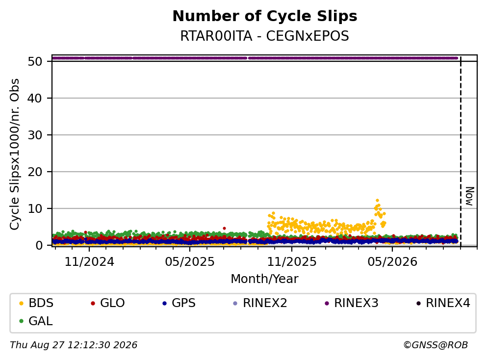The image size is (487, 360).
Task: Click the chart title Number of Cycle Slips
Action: [265, 16]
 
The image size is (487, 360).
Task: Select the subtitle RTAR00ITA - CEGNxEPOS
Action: [265, 36]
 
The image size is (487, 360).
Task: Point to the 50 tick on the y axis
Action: [35, 61]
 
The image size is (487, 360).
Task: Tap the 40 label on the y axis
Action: [35, 98]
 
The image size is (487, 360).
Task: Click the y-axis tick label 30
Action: [35, 135]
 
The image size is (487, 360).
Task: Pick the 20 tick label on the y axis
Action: [35, 172]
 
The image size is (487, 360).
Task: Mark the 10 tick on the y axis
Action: [35, 208]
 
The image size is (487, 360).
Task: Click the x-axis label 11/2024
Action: [89, 262]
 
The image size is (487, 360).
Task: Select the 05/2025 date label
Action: [190, 262]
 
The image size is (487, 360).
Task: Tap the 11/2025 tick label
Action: [292, 262]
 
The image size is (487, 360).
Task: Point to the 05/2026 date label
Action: [392, 262]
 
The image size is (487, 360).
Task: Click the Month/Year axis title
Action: [265, 279]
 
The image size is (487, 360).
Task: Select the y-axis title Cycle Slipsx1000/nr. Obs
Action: [14, 154]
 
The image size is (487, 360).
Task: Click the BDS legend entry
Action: [36, 303]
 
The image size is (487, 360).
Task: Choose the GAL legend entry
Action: [36, 321]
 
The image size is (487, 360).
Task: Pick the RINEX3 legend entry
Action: [352, 303]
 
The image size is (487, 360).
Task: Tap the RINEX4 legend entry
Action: [443, 303]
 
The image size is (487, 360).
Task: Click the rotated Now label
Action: [470, 196]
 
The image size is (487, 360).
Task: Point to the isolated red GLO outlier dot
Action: [224, 228]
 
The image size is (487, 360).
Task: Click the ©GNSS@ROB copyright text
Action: [436, 345]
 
